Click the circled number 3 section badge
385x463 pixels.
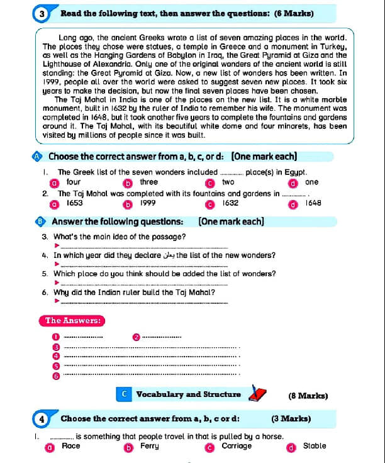coord(42,13)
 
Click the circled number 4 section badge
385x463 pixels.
coord(42,419)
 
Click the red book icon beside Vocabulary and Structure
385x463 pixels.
coord(257,394)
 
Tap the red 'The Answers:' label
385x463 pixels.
coord(73,321)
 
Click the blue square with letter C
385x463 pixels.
coord(125,394)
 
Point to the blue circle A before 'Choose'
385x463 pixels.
coord(38,156)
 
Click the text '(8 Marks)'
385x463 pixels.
coord(308,396)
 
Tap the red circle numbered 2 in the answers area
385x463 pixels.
coord(136,337)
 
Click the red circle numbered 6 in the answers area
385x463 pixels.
coord(55,376)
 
